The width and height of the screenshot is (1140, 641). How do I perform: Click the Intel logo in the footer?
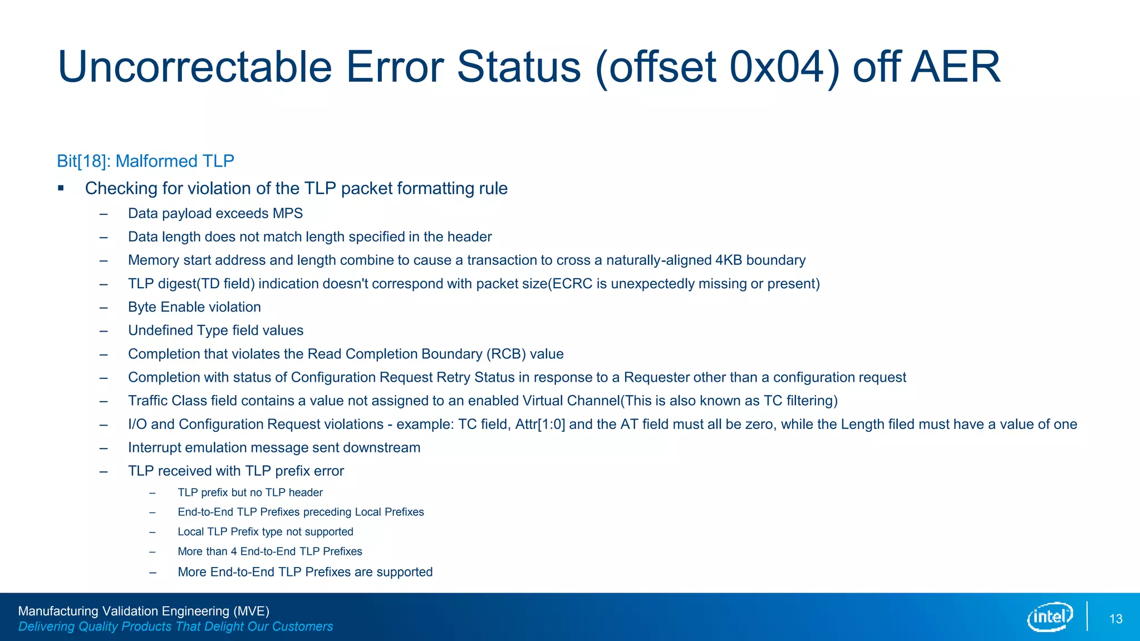[x=1050, y=617]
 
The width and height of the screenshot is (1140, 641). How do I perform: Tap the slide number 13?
[x=1116, y=619]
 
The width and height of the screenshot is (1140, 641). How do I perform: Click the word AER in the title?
[x=956, y=67]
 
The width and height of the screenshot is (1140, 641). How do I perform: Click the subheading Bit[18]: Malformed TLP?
[x=145, y=161]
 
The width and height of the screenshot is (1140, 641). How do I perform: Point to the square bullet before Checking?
[x=61, y=188]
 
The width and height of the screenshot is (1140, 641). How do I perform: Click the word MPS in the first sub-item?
[x=287, y=213]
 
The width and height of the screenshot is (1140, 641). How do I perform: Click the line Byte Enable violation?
[x=194, y=307]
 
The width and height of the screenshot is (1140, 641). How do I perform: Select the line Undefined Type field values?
[x=215, y=331]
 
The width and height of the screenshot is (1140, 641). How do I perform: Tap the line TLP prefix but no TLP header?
[x=250, y=492]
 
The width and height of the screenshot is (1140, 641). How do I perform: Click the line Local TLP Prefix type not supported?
[x=265, y=531]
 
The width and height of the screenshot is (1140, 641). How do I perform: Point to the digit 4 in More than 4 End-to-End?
[x=234, y=551]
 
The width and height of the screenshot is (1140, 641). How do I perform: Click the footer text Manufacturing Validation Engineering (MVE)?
[x=144, y=611]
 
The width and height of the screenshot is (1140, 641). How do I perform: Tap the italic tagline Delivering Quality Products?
[x=175, y=627]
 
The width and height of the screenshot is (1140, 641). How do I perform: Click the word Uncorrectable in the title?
[x=195, y=67]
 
